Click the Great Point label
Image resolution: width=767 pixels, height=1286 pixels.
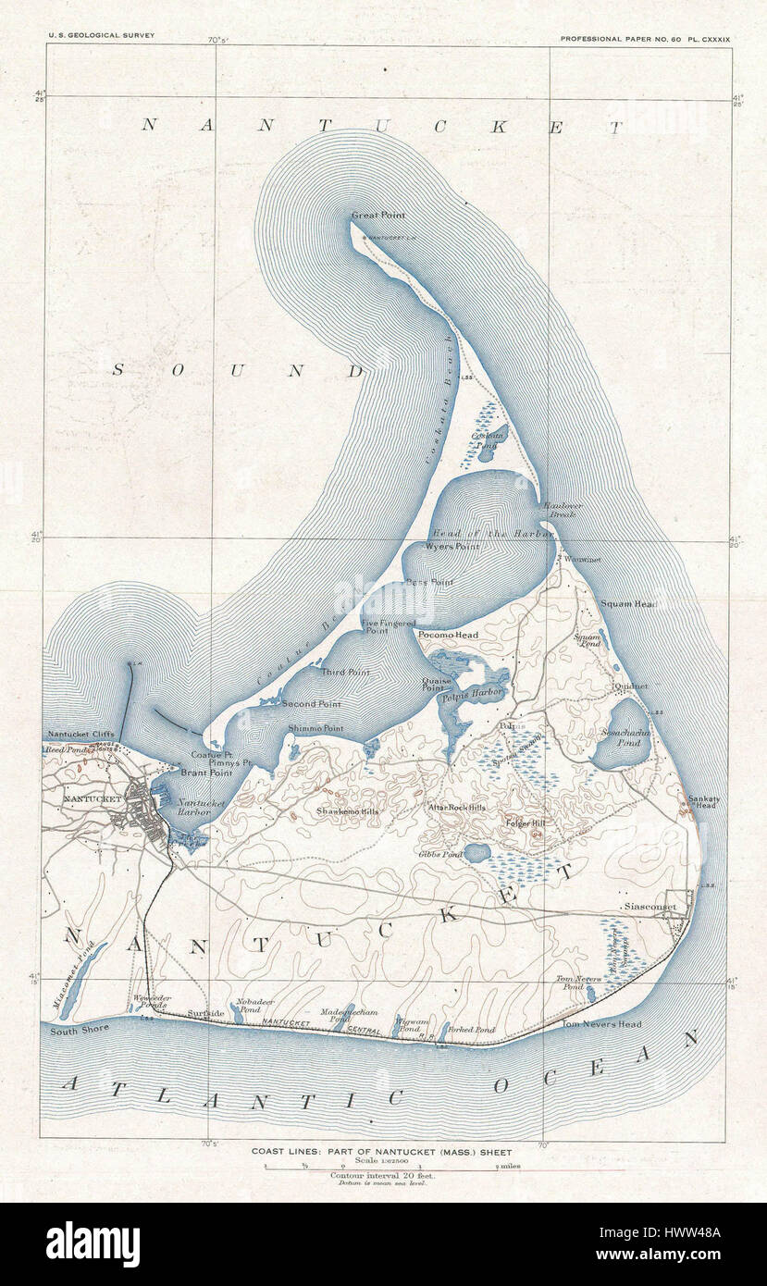coord(377,216)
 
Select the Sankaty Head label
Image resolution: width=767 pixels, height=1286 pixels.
coord(702,801)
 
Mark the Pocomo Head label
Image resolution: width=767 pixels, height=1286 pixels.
coord(448,636)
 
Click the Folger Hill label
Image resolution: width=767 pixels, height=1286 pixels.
coord(526,822)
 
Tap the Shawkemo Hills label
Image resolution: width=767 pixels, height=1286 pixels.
coord(348,810)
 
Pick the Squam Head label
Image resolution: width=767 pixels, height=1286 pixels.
coord(628,604)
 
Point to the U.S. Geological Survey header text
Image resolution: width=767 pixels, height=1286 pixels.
coord(102,35)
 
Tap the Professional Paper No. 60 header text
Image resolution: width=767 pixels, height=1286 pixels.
coord(646,35)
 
